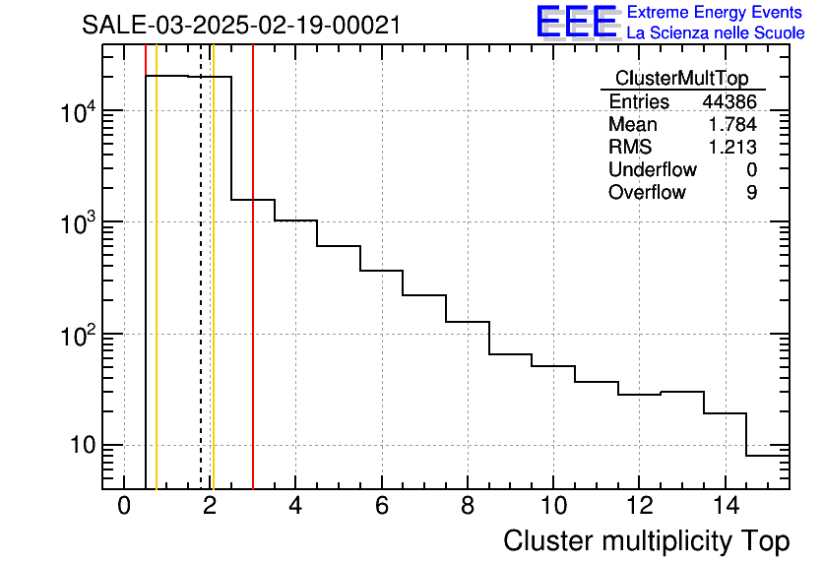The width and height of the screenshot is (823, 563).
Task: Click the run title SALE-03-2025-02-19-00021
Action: click(x=241, y=25)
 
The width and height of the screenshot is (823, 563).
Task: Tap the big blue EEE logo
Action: click(x=577, y=22)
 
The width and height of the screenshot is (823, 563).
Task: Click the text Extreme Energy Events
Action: click(x=716, y=13)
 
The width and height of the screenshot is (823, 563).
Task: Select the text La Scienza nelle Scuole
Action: click(x=716, y=33)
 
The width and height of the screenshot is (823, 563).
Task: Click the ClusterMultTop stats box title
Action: click(x=681, y=79)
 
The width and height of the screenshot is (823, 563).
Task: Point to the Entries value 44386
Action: click(x=729, y=102)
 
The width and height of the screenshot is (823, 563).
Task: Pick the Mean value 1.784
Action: click(x=733, y=125)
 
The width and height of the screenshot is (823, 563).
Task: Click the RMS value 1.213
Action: click(x=733, y=148)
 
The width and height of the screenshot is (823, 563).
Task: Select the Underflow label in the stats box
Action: click(x=652, y=170)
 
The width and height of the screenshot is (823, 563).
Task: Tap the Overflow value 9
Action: click(x=751, y=193)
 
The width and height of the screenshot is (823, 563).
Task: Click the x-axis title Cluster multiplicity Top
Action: click(x=646, y=541)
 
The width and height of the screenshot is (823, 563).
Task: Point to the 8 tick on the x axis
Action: click(x=467, y=507)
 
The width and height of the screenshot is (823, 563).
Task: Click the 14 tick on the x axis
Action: click(x=724, y=507)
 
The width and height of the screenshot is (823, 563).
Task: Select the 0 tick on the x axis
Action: click(x=124, y=507)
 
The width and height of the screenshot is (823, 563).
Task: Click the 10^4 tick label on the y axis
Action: click(x=78, y=113)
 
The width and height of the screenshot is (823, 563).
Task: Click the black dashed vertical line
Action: click(x=201, y=295)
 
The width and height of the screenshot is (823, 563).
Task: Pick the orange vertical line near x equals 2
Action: click(x=213, y=295)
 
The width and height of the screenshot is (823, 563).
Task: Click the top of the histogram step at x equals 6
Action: click(x=381, y=270)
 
